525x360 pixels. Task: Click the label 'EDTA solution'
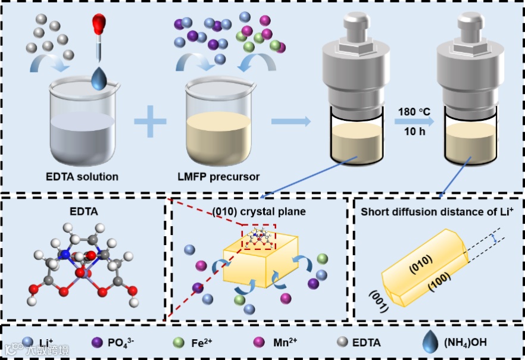[83, 176]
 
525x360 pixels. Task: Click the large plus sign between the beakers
[151, 126]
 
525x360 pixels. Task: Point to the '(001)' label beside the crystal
[379, 300]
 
